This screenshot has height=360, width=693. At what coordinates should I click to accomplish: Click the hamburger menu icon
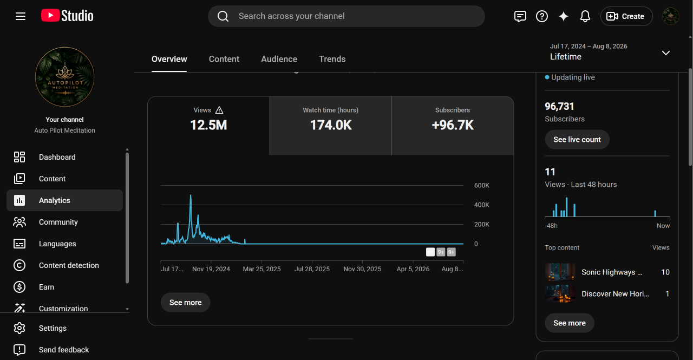click(21, 16)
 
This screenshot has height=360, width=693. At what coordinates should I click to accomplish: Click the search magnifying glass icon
click(223, 16)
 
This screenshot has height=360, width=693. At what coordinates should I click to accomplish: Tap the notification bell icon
click(585, 16)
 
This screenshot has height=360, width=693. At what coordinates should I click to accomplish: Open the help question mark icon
click(542, 16)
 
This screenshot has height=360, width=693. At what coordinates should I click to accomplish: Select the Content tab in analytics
click(224, 59)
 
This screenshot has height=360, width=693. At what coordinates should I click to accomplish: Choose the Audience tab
click(279, 59)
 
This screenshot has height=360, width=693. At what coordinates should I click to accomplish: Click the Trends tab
click(332, 59)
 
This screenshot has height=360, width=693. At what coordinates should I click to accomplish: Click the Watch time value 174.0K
click(331, 125)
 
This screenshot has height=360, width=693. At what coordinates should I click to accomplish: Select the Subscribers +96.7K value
click(453, 125)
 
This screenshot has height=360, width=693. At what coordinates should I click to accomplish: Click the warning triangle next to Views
click(219, 110)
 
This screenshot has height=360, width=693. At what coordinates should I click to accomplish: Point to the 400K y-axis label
click(482, 205)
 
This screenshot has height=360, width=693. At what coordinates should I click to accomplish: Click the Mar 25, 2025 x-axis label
click(261, 269)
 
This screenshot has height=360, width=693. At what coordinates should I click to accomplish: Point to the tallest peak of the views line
click(191, 195)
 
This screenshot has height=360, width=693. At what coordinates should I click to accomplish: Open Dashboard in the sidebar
click(57, 157)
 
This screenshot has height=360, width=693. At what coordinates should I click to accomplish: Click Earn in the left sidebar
click(47, 287)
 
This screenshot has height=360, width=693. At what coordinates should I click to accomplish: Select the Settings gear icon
click(19, 328)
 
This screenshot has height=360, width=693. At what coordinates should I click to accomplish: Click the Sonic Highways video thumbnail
click(560, 272)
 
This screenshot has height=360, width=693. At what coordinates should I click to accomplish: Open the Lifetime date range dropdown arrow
click(666, 53)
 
